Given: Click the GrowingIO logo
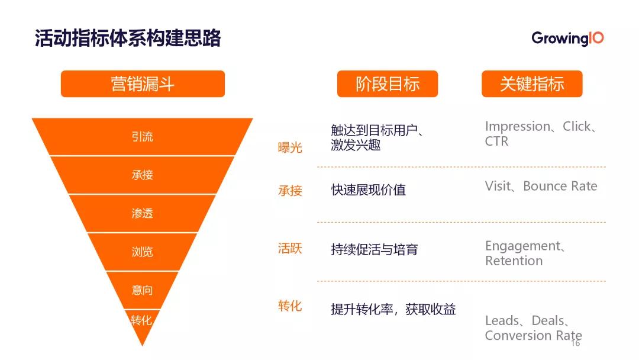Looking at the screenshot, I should [x=567, y=38].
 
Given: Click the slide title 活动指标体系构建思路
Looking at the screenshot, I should [x=128, y=38].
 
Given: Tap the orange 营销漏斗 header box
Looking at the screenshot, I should [x=143, y=83].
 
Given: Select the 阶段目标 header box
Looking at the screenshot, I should [x=388, y=83].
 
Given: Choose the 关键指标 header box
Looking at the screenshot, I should [x=532, y=83].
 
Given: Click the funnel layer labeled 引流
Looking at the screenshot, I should [x=142, y=137].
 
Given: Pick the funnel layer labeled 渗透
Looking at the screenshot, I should [x=142, y=213].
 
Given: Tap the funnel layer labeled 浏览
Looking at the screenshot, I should [x=142, y=252].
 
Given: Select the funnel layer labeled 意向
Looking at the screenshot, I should [x=142, y=290].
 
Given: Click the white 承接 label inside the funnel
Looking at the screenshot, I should [x=142, y=175].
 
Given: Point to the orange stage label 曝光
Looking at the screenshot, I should [x=290, y=147].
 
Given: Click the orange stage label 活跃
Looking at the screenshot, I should [x=290, y=248].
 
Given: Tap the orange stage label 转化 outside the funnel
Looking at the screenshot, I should [x=290, y=306].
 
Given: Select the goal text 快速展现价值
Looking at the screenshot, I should [x=369, y=190].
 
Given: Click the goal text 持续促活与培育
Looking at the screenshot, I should [x=375, y=249].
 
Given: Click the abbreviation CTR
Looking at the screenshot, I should [x=496, y=142].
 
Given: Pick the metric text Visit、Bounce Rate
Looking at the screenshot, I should [x=541, y=186].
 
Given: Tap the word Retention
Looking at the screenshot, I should [x=514, y=261].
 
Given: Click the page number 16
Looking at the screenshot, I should [x=576, y=343].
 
